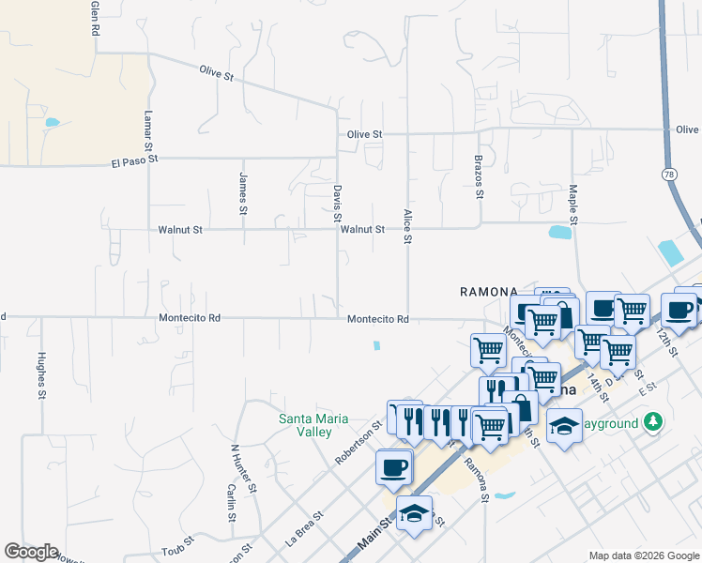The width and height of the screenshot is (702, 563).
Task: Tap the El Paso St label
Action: pyautogui.click(x=134, y=161)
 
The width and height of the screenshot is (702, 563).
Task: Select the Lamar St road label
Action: pyautogui.click(x=147, y=130)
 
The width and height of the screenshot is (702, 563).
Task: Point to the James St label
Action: pyautogui.click(x=243, y=190)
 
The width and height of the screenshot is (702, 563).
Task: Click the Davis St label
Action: pyautogui.click(x=337, y=204)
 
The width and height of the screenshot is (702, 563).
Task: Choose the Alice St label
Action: pyautogui.click(x=407, y=226)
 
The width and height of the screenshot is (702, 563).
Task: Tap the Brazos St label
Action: pyautogui.click(x=479, y=177)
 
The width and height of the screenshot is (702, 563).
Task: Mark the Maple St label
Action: pyautogui.click(x=572, y=205)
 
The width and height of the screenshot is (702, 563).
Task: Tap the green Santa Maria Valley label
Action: pyautogui.click(x=314, y=425)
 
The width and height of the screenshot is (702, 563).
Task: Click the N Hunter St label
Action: pyautogui.click(x=243, y=466)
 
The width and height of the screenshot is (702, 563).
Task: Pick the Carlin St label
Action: pyautogui.click(x=230, y=503)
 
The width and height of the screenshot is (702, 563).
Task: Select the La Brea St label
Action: pyautogui.click(x=305, y=529)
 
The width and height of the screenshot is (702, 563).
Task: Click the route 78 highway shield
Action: pyautogui.click(x=669, y=175)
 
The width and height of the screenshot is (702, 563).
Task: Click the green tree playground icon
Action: pyautogui.click(x=653, y=423)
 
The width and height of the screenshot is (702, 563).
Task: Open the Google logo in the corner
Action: pyautogui.click(x=31, y=552)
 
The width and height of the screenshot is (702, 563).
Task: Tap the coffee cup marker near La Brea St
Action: pyautogui.click(x=394, y=466)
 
